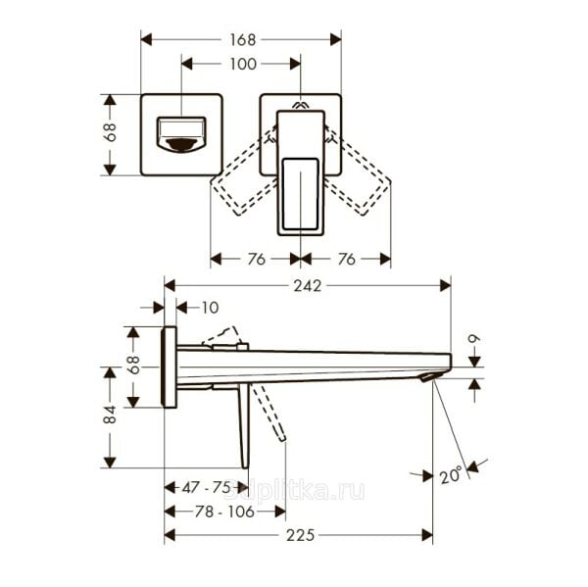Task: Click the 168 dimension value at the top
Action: pyautogui.click(x=242, y=39)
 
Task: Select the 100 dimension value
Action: pyautogui.click(x=242, y=64)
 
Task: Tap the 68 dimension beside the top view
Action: pyautogui.click(x=111, y=133)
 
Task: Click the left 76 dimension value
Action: pyautogui.click(x=256, y=259)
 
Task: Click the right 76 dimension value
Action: pyautogui.click(x=345, y=259)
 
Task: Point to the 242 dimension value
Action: pyautogui.click(x=307, y=285)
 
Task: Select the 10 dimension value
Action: pyautogui.click(x=210, y=308)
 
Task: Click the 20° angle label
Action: pyautogui.click(x=450, y=475)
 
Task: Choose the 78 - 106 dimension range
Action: pyautogui.click(x=223, y=511)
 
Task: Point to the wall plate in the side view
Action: pyautogui.click(x=170, y=367)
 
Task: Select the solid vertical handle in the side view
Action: pyautogui.click(x=243, y=423)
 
